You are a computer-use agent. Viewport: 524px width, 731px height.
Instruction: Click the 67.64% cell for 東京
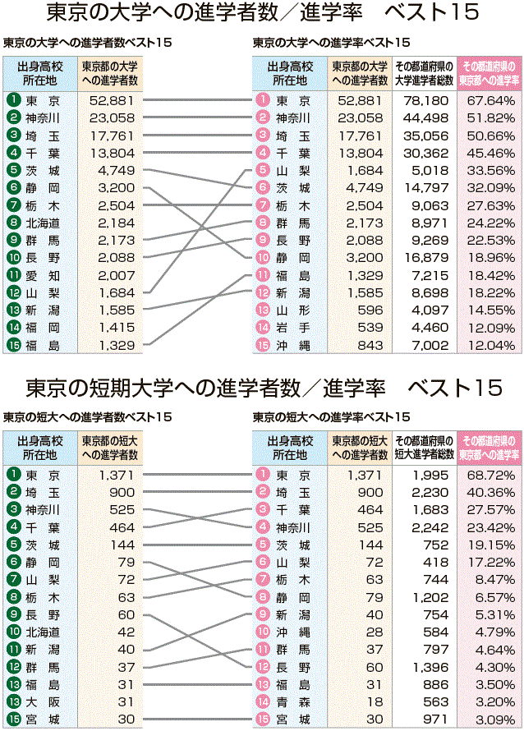(x=490, y=100)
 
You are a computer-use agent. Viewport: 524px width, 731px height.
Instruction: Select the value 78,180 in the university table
(x=423, y=100)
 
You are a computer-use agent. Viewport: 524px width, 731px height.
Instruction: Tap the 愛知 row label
(x=42, y=274)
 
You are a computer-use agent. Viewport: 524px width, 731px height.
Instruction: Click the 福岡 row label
(x=42, y=327)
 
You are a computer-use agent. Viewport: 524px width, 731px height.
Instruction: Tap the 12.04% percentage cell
(x=490, y=345)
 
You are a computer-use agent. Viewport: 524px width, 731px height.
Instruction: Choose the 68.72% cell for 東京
(x=490, y=475)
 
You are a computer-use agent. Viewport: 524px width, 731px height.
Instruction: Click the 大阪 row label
(x=42, y=702)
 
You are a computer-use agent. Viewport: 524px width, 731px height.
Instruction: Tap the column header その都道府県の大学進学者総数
(x=424, y=73)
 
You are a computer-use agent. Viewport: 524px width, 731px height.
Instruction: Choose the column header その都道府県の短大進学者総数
(x=424, y=448)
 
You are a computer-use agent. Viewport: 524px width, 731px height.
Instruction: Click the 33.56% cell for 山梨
(x=490, y=170)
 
